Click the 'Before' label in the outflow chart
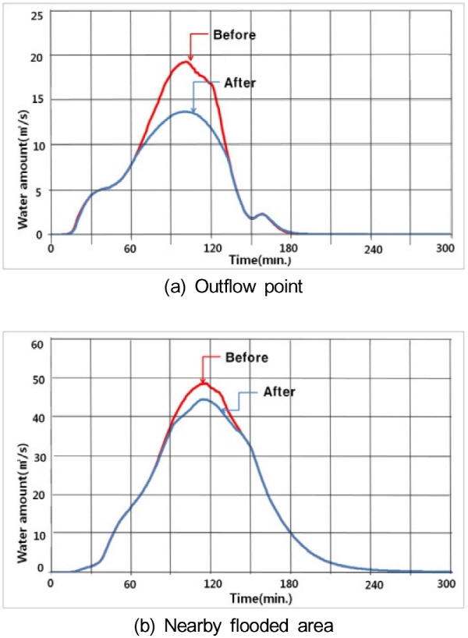point(235,35)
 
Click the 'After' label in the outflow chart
point(240,81)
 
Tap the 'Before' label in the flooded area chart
point(246,358)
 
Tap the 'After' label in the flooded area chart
point(278,392)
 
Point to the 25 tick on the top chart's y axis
point(37,14)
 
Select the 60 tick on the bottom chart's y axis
point(37,341)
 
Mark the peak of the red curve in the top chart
point(184,62)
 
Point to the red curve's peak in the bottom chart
point(203,382)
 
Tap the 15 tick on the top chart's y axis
point(37,99)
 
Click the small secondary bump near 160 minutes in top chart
point(262,214)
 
